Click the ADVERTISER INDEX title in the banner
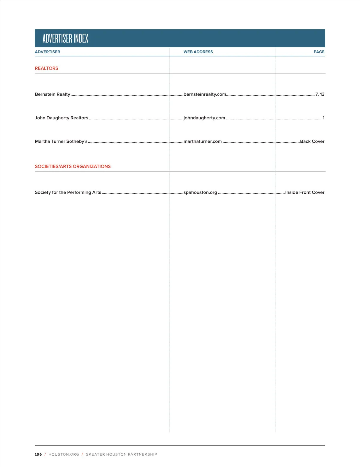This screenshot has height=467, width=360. [65, 38]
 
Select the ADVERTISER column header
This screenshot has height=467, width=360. [47, 52]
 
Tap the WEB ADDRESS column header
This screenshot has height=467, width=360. [198, 52]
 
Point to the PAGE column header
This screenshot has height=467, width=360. [319, 52]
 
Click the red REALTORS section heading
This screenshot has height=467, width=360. [46, 68]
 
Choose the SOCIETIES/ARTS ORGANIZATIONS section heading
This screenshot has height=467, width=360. [73, 166]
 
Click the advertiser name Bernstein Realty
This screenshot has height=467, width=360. [52, 94]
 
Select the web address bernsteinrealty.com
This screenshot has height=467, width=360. [205, 94]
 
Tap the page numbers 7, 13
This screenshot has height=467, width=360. [320, 94]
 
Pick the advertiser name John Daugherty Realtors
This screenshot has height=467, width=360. [61, 118]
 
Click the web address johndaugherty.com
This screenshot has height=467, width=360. [204, 118]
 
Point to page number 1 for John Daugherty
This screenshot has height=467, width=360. [323, 118]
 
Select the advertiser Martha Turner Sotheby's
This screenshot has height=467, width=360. [61, 141]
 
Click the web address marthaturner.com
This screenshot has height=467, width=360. [202, 141]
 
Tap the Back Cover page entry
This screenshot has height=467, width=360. [312, 141]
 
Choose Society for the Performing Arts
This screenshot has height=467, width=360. [68, 192]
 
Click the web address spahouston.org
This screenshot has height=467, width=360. [200, 192]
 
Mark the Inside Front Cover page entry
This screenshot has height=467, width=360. [304, 192]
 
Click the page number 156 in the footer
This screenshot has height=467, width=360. [38, 454]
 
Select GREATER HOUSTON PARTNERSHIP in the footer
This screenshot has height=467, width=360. [121, 454]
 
